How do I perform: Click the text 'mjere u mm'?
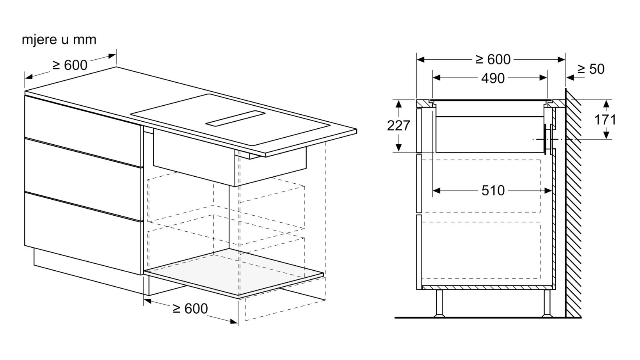[x=59, y=40]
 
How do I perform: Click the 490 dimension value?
[x=493, y=78]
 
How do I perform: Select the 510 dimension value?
[x=493, y=190]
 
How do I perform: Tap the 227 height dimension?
[x=398, y=126]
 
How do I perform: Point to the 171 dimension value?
[x=605, y=120]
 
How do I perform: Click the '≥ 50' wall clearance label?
[x=591, y=69]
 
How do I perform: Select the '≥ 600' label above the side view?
[x=493, y=60]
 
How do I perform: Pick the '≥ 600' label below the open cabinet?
[x=190, y=309]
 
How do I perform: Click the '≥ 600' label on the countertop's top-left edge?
[x=70, y=65]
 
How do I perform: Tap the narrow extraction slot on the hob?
[x=235, y=118]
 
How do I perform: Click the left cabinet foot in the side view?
[x=439, y=303]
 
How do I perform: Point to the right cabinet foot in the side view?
[x=547, y=303]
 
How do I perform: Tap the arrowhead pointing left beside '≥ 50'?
[x=570, y=78]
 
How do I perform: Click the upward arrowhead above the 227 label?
[x=399, y=104]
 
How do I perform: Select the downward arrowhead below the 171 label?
[x=606, y=135]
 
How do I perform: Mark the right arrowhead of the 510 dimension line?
[x=548, y=190]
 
